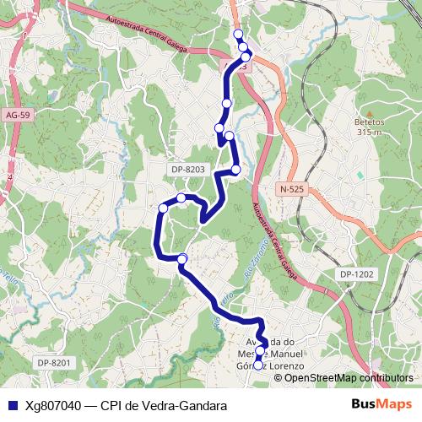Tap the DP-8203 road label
(x=188, y=170)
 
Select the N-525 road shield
(x=289, y=189)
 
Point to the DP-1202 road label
(x=358, y=275)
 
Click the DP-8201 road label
(x=57, y=362)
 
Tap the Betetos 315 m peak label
(x=370, y=127)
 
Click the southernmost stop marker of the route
(x=258, y=366)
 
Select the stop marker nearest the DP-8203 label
(x=236, y=170)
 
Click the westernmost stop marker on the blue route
(x=164, y=208)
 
